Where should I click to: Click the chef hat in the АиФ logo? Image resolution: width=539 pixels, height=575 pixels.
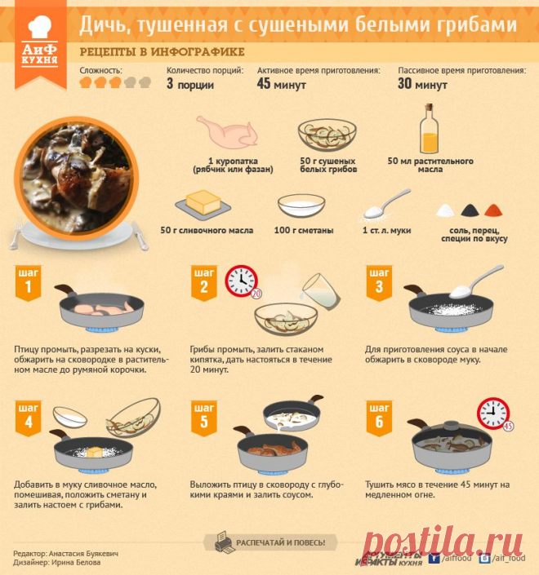tap(40, 27)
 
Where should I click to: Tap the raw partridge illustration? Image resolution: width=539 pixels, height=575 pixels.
tap(226, 132)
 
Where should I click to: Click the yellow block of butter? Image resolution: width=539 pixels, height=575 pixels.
tap(203, 201)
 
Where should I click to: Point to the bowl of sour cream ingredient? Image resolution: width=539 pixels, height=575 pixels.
tap(301, 206)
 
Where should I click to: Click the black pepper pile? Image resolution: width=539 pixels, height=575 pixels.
tap(470, 210)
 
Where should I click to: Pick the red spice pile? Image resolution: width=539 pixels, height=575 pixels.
tap(493, 210)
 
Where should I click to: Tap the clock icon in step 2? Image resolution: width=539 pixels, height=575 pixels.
tap(241, 281)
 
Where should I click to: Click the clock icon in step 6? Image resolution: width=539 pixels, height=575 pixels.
tap(493, 414)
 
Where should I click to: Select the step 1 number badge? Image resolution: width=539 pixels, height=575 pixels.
tap(29, 283)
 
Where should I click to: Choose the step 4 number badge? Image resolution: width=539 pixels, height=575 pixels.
tap(29, 418)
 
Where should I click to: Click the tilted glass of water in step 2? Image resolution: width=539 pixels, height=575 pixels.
tap(321, 292)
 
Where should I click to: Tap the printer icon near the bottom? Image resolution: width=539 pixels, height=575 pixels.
tap(224, 542)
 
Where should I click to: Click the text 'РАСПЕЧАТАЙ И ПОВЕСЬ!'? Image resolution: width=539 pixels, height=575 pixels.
tap(281, 542)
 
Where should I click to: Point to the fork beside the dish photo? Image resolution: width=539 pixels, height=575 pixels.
tap(16, 233)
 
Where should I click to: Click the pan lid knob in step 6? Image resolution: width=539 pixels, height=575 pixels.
tap(451, 426)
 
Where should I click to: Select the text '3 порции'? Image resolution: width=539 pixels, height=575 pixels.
tap(190, 84)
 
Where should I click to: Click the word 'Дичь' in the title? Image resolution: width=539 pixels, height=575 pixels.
tap(100, 25)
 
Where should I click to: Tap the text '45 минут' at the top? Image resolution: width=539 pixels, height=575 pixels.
tap(281, 84)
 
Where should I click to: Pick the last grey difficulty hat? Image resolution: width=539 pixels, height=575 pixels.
tap(145, 82)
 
